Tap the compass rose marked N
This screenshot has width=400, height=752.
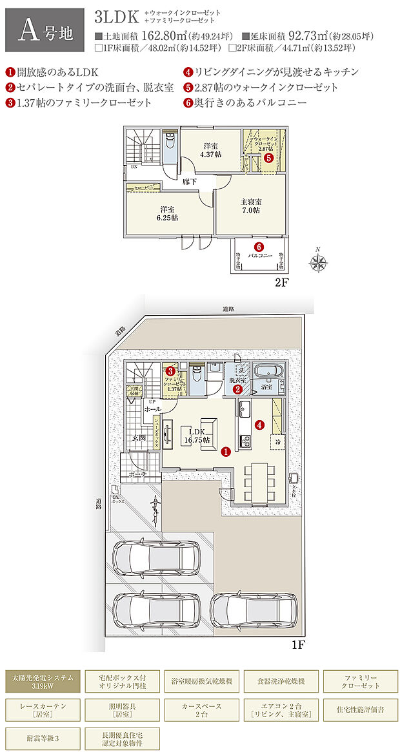[318, 262]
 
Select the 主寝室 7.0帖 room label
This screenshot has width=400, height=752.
[252, 206]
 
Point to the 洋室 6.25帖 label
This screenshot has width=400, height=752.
[168, 213]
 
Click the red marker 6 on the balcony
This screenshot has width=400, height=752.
[259, 246]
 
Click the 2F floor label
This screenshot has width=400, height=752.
[285, 282]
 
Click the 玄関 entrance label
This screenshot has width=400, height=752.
[139, 438]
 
